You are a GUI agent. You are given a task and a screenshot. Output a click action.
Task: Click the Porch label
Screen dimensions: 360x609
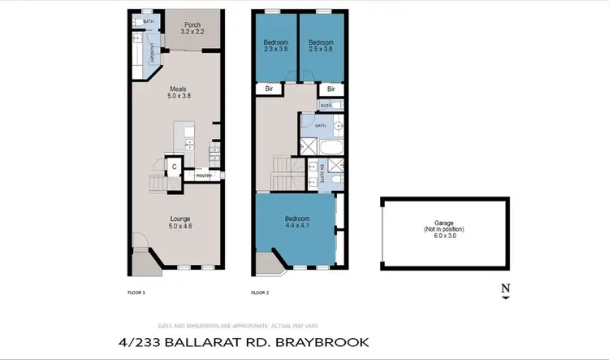(192, 28)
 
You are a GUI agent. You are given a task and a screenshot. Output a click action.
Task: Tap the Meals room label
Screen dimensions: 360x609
(179, 92)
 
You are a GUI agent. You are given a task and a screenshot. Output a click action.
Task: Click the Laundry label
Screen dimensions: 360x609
(151, 54)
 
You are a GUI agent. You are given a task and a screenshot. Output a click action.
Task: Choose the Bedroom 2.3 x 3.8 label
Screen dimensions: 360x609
(274, 46)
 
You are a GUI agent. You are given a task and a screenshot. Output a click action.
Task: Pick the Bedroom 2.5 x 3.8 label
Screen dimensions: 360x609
(320, 46)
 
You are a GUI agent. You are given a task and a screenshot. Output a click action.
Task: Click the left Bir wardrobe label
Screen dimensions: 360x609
(268, 89)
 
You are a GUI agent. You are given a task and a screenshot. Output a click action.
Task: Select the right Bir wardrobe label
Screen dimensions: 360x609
(330, 89)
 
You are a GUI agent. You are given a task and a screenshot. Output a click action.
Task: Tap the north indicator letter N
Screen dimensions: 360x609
(505, 287)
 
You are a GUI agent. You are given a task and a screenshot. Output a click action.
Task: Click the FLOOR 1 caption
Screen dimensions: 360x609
(136, 292)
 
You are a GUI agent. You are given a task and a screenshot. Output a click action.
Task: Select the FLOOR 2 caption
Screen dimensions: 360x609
(260, 292)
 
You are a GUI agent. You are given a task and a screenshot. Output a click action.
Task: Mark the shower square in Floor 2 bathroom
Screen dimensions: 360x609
(309, 147)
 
